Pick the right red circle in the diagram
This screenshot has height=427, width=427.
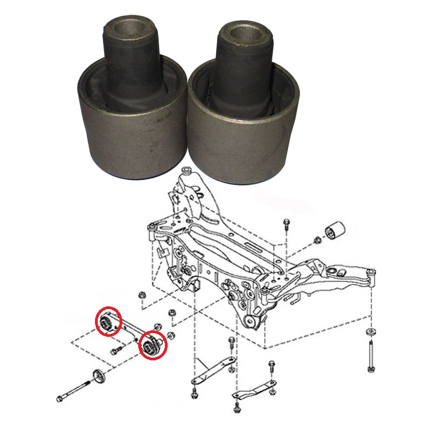point(153,345)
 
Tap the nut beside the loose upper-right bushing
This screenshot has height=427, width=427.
point(317,239)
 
